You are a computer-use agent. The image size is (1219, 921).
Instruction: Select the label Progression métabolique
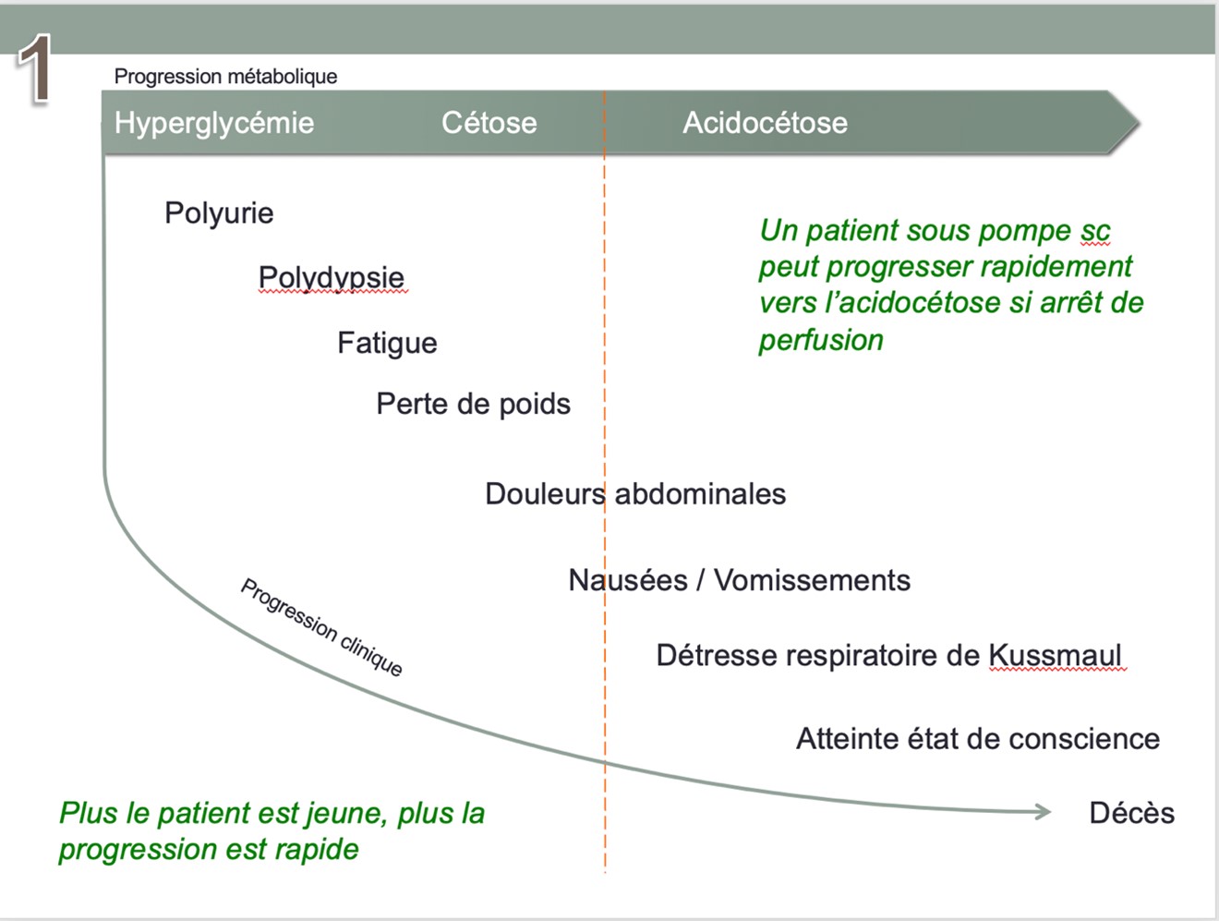225,77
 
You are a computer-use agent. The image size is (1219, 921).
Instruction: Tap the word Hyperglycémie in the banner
214,123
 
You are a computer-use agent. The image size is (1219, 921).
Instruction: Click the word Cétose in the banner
489,123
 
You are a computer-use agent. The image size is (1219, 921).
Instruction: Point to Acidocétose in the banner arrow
765,123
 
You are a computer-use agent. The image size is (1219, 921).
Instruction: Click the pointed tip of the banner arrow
1139,123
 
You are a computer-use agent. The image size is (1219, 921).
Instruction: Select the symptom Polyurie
219,213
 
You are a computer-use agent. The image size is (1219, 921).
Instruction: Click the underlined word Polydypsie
332,278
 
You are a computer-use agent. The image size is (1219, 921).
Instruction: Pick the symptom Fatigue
387,343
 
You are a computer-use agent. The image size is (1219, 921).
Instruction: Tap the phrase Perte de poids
473,404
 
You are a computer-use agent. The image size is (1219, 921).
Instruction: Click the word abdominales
700,494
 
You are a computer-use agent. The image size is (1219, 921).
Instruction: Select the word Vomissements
812,580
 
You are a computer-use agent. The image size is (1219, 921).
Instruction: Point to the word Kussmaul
1056,656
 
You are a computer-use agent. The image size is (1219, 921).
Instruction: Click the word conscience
1084,739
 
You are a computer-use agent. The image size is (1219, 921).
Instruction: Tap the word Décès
1132,813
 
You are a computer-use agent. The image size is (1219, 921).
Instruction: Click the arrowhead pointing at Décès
1043,812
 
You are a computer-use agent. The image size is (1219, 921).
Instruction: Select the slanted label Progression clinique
321,627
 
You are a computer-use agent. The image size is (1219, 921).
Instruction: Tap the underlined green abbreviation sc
1094,231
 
